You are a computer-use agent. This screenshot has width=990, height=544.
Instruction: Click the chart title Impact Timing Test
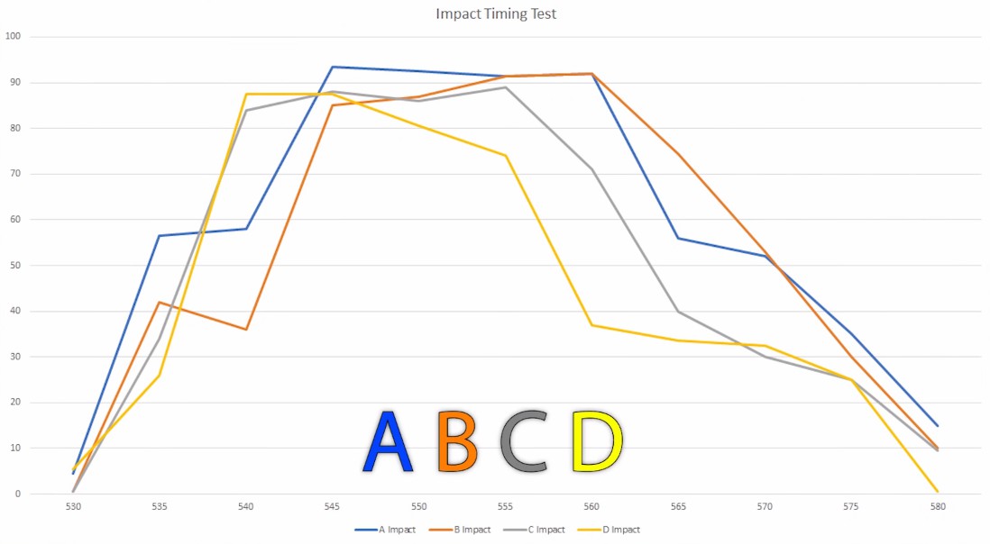coord(496,14)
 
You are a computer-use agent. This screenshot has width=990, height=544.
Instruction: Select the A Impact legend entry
coord(385,530)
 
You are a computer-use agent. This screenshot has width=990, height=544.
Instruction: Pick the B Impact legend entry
coord(460,530)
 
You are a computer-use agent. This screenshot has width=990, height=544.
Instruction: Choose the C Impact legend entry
coord(534,530)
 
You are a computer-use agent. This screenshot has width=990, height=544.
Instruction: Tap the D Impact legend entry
coord(609,530)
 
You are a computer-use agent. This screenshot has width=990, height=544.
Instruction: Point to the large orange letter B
coord(457,441)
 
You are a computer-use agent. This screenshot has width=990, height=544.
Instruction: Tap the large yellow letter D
coord(597,441)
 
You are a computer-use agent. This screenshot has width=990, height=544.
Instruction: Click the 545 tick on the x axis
coord(332,507)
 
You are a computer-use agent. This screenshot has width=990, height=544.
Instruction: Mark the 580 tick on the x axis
coord(938,507)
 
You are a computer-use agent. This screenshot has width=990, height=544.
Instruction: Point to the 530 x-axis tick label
coord(73,507)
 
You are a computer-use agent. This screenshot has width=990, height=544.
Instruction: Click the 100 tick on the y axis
coord(13,37)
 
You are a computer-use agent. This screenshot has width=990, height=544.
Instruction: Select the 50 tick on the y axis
coord(15,266)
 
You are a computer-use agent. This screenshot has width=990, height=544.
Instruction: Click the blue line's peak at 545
coord(332,67)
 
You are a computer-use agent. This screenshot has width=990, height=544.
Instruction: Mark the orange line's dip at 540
coord(246,329)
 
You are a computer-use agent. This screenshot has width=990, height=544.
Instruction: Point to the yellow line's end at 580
coord(938,492)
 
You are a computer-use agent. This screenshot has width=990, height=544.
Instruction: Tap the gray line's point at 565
coord(678,312)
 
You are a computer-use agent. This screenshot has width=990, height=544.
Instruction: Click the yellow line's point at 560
coord(591,325)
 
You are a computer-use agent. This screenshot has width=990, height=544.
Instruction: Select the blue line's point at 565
coord(678,239)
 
